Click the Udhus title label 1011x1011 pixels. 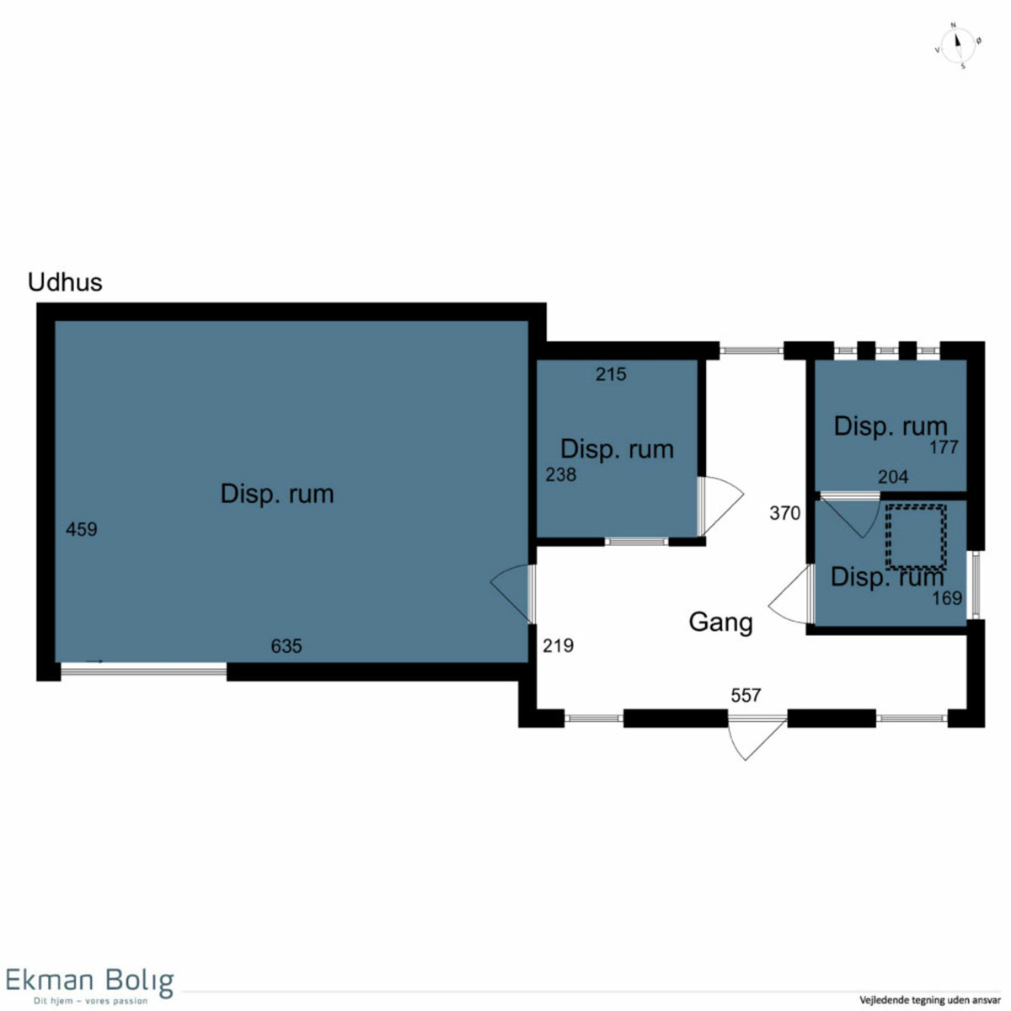pos(65,282)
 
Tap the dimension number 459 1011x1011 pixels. pos(82,529)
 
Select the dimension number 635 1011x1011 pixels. pos(286,646)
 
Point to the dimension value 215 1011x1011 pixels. pos(611,374)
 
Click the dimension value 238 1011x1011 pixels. pos(560,475)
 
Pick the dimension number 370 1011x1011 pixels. pos(785,512)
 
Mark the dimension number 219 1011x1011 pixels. pos(558,646)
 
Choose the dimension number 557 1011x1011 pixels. pos(746,695)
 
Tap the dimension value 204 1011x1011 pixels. pos(893,477)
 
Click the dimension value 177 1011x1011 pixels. pos(944,447)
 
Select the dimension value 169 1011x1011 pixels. pos(947,598)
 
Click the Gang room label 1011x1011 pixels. pos(720,623)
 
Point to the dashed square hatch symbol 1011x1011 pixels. pos(916,537)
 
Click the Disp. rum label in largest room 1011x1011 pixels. pos(277,494)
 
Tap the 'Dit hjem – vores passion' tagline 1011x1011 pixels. pos(90,1001)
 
